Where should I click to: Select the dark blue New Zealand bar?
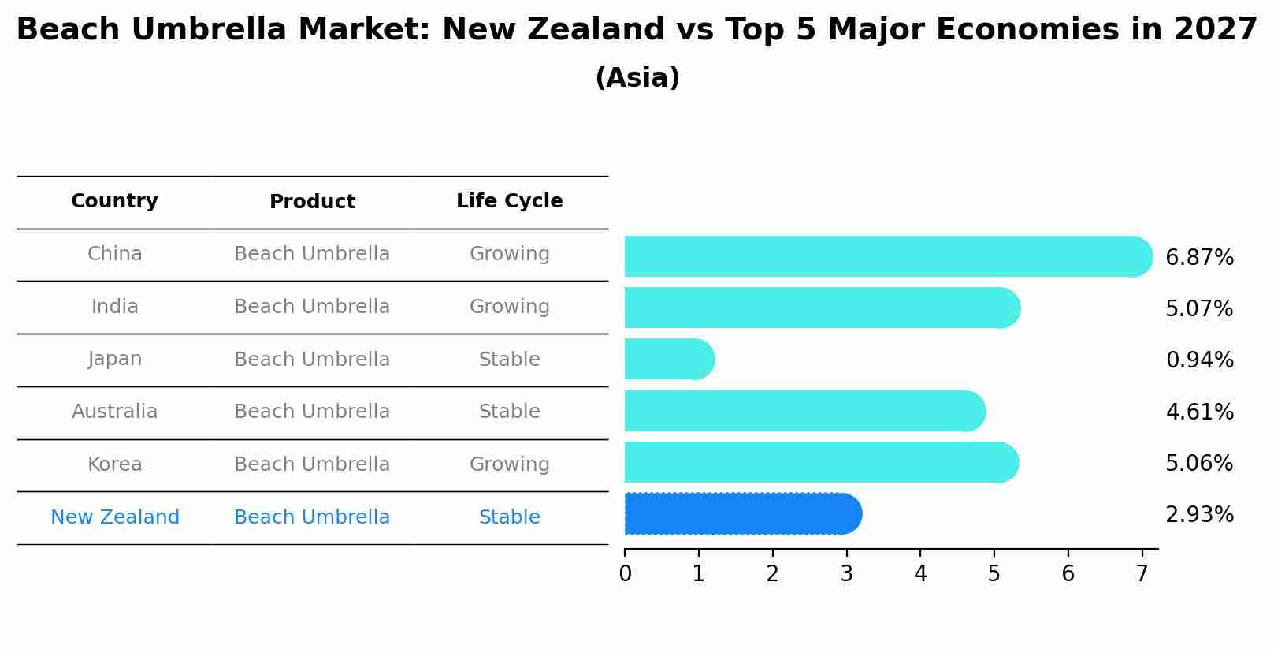741,514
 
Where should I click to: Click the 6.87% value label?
1198,258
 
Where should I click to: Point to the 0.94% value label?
1198,360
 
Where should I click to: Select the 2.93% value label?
1198,515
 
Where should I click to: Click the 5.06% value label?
1198,463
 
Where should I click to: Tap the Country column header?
114,201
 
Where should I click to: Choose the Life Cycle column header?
509,201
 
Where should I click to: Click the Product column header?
312,202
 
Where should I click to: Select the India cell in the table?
114,307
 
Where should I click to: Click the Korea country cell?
114,464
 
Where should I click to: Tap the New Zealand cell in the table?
115,517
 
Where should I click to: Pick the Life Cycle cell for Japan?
509,360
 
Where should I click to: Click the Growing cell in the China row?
509,254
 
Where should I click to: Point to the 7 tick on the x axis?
1142,574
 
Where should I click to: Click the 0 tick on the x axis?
625,574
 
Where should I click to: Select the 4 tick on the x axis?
920,574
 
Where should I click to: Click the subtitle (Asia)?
637,78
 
